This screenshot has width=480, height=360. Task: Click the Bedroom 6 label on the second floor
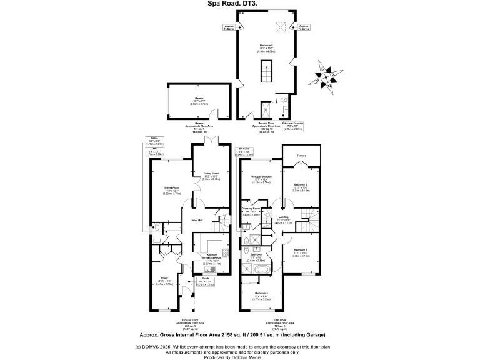pos(267,48)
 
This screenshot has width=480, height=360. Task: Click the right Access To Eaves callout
pos(304,27)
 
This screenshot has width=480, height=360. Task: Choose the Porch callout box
pos(206,281)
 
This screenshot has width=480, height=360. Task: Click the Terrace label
pos(302,154)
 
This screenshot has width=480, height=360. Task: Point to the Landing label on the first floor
pos(283,218)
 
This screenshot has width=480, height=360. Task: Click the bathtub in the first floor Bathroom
pos(259,269)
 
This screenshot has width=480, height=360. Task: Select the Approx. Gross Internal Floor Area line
pos(239,335)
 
